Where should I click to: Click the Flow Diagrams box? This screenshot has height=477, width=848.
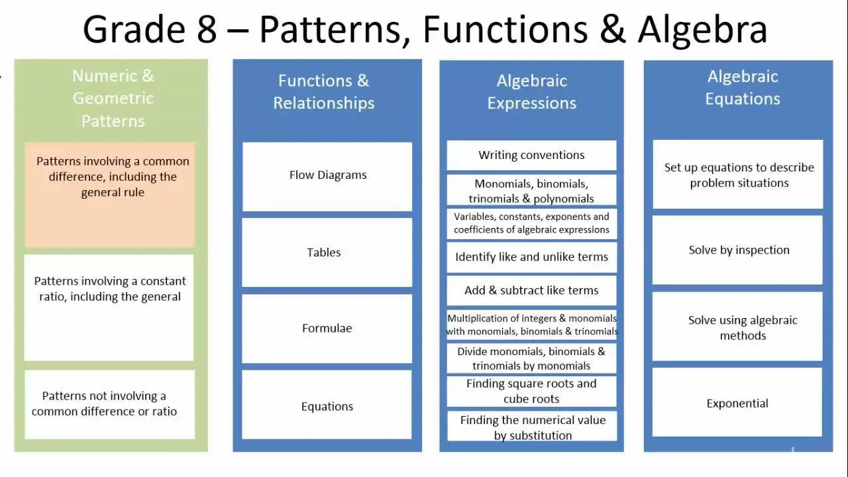point(327,176)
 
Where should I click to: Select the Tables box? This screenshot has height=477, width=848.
point(327,252)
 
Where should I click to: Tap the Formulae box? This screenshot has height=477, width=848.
point(327,329)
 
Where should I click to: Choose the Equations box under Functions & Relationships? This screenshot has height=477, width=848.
point(327,404)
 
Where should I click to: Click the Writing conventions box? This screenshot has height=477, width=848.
point(531,155)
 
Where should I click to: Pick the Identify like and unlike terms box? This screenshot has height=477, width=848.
point(531,258)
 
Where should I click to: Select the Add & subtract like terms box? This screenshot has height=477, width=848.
point(531,290)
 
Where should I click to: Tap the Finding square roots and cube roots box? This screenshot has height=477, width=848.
point(531,391)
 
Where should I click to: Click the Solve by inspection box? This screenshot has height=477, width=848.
point(737,250)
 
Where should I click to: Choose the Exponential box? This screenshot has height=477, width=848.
point(737,402)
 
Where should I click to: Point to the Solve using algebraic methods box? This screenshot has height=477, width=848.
point(737,327)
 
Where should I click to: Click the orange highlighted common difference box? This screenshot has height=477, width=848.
point(110,195)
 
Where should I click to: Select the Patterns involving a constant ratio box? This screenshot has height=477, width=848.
point(109,307)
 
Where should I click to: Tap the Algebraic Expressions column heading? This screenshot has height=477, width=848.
point(531,92)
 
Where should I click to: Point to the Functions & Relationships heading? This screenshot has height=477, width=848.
point(324,92)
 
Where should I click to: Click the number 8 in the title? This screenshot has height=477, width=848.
point(207,30)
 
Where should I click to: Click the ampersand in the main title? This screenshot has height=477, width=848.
point(613,30)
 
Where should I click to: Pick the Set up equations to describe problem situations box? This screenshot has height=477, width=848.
point(738,174)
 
